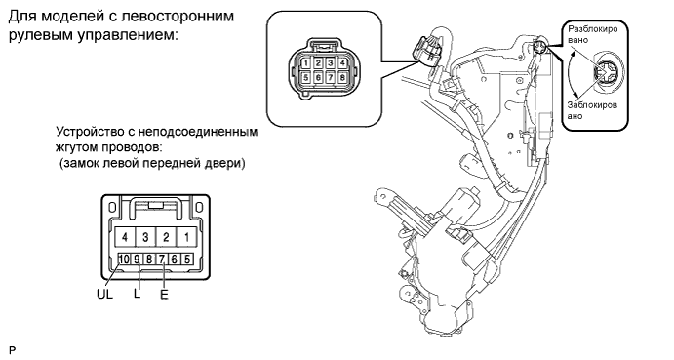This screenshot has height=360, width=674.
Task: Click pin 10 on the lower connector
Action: [124, 260]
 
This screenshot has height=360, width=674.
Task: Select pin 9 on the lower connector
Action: [137, 260]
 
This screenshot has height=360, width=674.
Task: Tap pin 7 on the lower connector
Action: [162, 260]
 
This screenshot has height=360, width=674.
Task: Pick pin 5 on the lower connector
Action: [187, 260]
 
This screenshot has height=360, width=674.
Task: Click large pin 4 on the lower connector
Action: [125, 237]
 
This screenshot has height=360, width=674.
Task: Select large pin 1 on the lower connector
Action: [186, 237]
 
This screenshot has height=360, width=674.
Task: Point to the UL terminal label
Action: [104, 295]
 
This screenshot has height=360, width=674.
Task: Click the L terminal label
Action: [138, 294]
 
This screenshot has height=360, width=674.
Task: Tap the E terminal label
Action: [164, 295]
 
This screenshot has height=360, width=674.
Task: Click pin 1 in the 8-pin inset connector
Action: [305, 63]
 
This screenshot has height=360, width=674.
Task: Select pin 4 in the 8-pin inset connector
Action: [342, 63]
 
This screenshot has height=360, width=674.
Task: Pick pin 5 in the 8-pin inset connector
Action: [305, 78]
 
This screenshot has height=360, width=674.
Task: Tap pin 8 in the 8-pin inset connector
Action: [342, 78]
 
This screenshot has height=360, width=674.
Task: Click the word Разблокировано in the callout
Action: [593, 34]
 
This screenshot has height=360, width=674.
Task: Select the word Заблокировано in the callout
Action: [592, 110]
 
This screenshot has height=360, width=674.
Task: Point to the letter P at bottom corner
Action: [12, 350]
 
